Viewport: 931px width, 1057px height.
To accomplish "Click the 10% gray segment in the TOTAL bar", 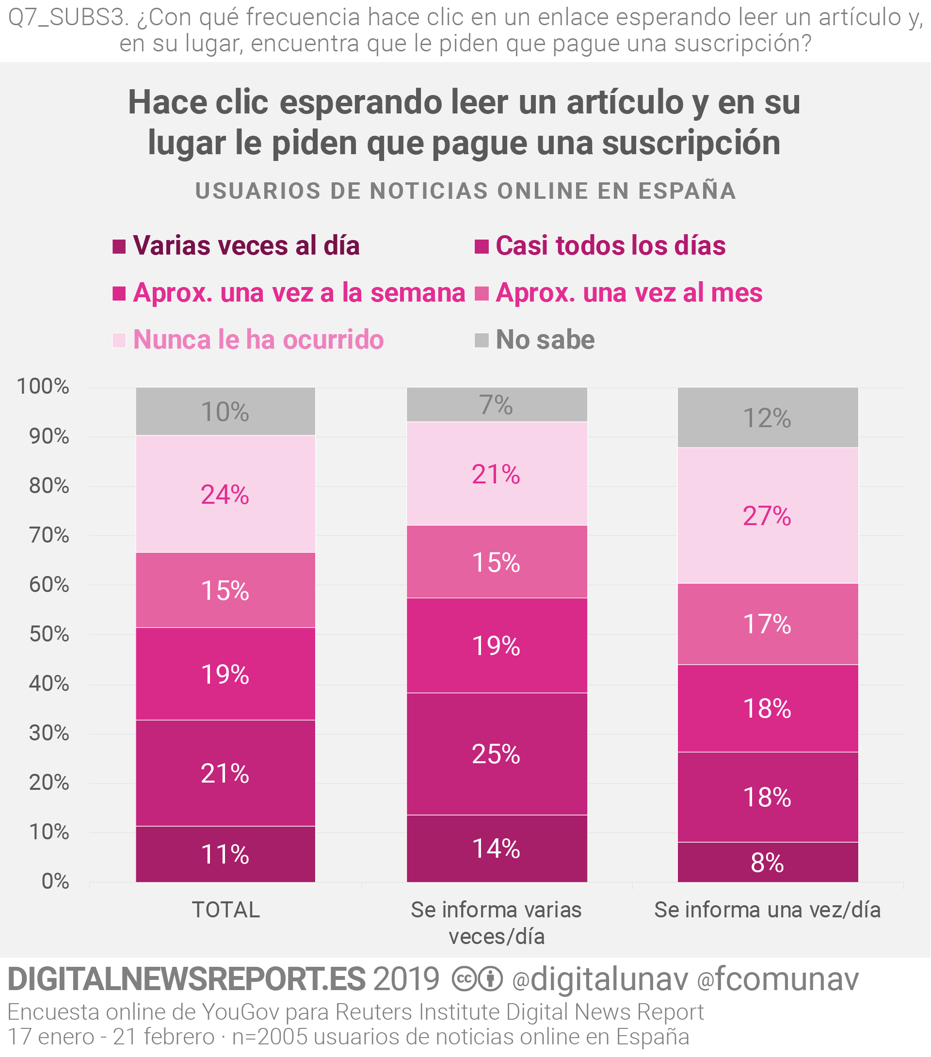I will (225, 412).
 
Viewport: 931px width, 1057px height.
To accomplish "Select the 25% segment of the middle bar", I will (497, 753).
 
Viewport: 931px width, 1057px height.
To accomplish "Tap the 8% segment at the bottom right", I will (768, 862).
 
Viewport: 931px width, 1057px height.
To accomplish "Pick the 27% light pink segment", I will (768, 515).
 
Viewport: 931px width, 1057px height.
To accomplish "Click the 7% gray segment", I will (497, 404).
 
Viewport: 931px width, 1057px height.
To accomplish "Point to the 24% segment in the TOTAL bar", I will (225, 495).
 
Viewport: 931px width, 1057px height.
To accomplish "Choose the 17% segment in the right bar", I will (768, 624).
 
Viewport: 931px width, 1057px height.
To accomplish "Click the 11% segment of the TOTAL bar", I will (225, 854).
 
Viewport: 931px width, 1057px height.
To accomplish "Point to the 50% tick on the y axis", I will (49, 634).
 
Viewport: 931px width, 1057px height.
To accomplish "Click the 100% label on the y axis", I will (43, 386).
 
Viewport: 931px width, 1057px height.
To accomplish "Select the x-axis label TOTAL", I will (225, 910).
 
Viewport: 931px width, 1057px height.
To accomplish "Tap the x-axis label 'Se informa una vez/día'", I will (768, 910).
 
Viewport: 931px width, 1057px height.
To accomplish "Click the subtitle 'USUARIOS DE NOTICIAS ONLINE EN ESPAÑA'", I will (465, 191).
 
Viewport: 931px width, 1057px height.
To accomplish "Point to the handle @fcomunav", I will (778, 978).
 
